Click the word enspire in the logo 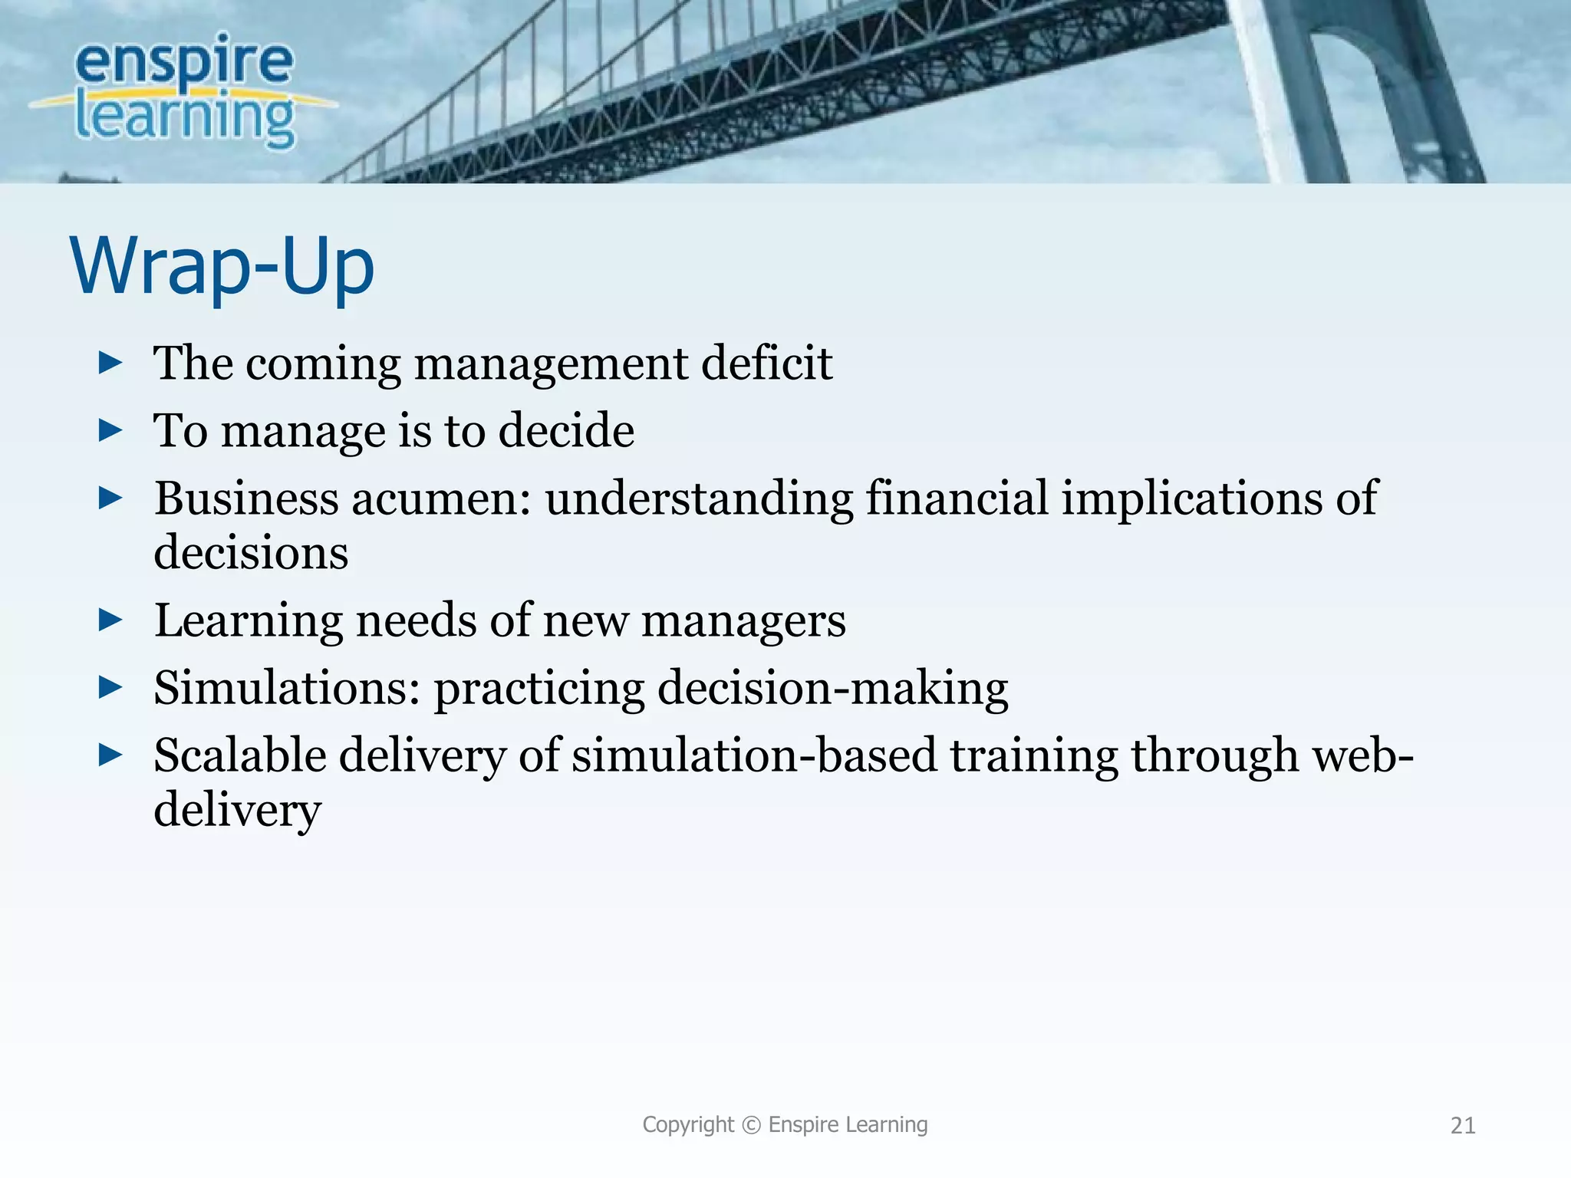point(184,61)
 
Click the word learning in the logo point(184,119)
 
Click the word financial point(957,499)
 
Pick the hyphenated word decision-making point(832,688)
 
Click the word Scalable point(239,755)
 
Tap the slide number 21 point(1463,1125)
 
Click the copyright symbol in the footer point(752,1125)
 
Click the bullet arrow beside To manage point(110,430)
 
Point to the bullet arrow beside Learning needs point(110,620)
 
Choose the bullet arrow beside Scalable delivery point(110,755)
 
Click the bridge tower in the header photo point(1350,92)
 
